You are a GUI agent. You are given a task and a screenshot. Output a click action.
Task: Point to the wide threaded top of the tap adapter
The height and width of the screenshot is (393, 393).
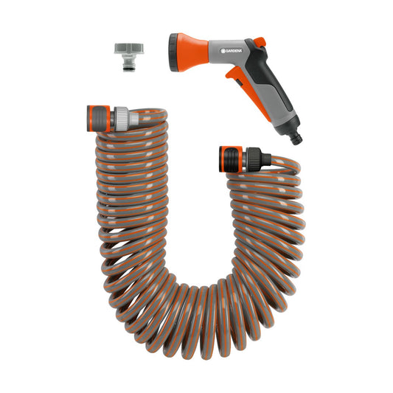(126, 49)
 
